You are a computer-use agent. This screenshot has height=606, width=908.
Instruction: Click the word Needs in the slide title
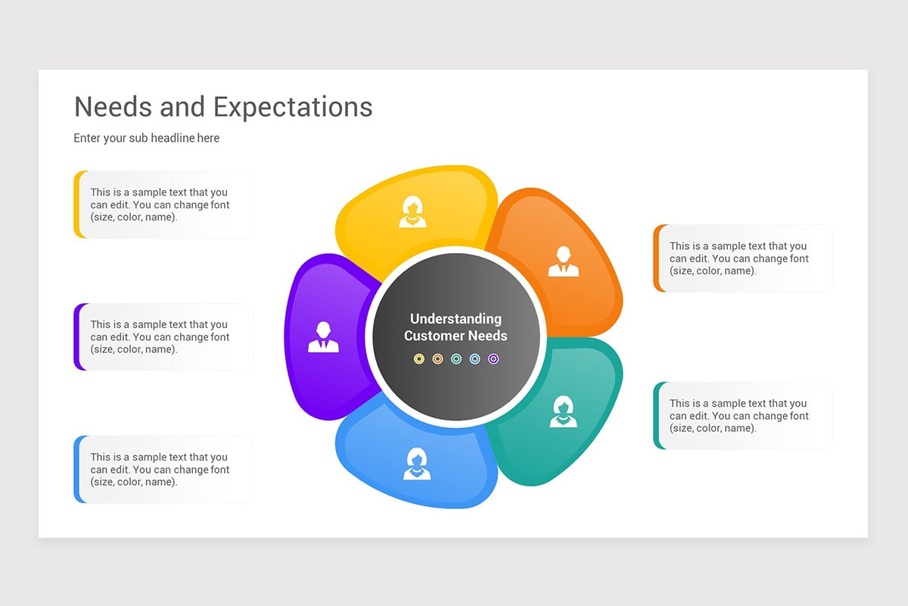(x=113, y=107)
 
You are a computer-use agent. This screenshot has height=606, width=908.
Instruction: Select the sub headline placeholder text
(x=147, y=138)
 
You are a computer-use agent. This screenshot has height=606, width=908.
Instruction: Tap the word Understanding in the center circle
(x=456, y=319)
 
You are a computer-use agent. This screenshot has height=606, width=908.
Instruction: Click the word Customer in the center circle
(x=435, y=336)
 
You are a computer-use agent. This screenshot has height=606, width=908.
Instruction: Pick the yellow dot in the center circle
(x=419, y=358)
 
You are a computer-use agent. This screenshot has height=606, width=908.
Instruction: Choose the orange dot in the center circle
(x=437, y=358)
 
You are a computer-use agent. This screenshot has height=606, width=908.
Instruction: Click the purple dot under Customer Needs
(x=493, y=358)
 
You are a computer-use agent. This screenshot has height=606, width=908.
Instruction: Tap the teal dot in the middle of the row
(x=456, y=358)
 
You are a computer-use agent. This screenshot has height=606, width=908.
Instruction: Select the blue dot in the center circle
(x=475, y=358)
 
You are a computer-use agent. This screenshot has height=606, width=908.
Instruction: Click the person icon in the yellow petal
(x=412, y=212)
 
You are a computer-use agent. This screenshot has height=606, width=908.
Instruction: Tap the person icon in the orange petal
(x=563, y=261)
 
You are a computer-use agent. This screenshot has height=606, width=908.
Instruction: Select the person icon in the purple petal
(x=323, y=337)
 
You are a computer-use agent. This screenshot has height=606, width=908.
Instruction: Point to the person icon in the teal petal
(x=563, y=411)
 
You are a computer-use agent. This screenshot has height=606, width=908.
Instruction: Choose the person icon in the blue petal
(x=416, y=464)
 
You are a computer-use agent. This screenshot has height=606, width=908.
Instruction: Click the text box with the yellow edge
(x=163, y=205)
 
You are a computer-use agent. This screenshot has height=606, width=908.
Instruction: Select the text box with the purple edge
(x=163, y=337)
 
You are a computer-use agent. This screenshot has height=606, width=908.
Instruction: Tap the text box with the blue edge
(x=163, y=470)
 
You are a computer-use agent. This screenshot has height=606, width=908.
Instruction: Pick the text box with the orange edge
(x=743, y=258)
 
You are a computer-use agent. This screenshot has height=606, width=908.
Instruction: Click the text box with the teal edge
(x=743, y=416)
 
